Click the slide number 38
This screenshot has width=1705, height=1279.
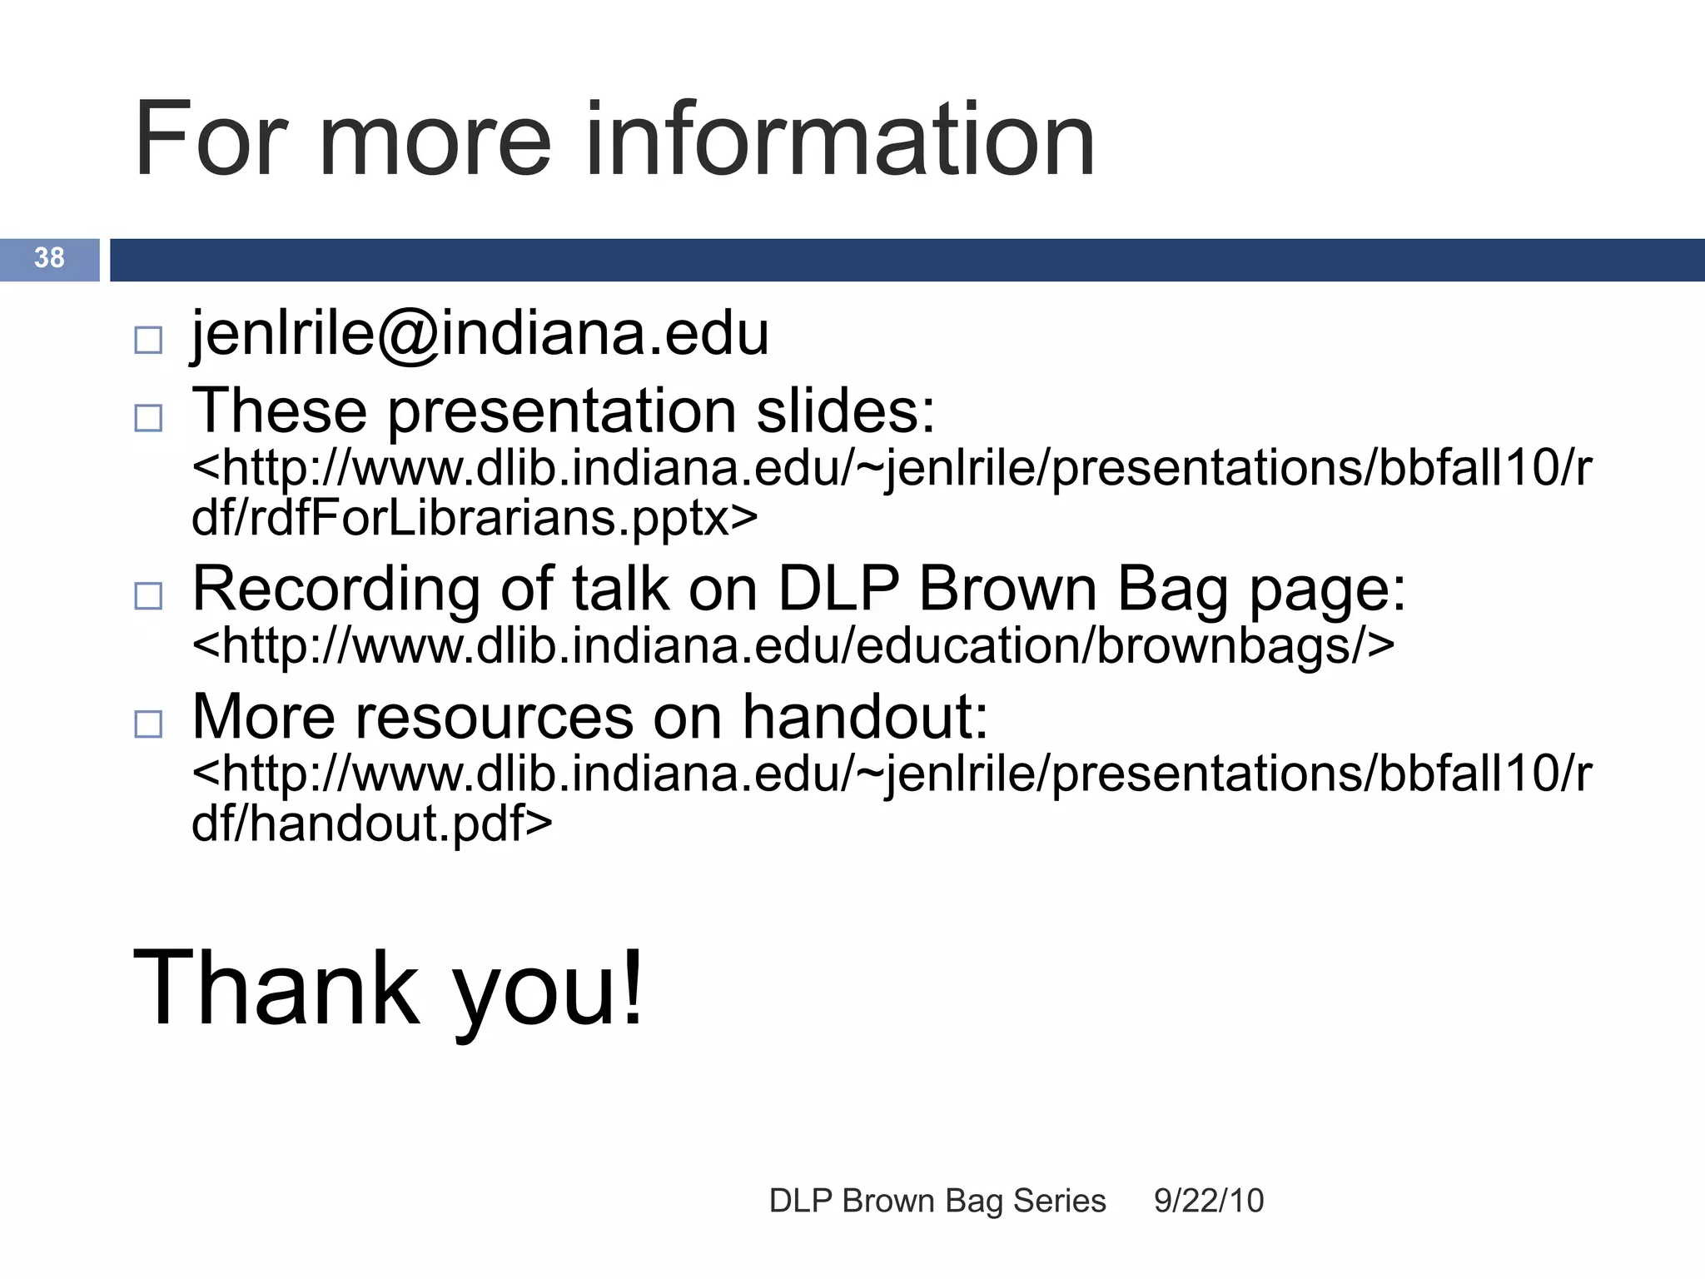(x=49, y=258)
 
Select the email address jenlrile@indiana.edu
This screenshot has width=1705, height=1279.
(x=480, y=335)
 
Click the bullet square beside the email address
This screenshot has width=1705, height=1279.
(x=148, y=340)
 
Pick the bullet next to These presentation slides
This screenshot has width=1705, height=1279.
(x=148, y=417)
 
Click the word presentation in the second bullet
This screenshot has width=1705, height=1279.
(x=562, y=412)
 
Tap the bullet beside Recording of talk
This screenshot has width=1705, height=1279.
(x=148, y=595)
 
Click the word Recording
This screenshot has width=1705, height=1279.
(x=336, y=590)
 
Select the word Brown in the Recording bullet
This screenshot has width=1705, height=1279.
(x=1008, y=590)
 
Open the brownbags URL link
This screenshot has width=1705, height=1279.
(x=793, y=646)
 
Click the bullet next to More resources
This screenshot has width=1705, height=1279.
(x=148, y=724)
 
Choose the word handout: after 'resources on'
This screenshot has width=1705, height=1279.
(x=865, y=717)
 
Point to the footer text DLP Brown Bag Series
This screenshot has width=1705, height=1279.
(x=937, y=1202)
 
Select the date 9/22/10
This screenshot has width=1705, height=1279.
(x=1209, y=1202)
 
